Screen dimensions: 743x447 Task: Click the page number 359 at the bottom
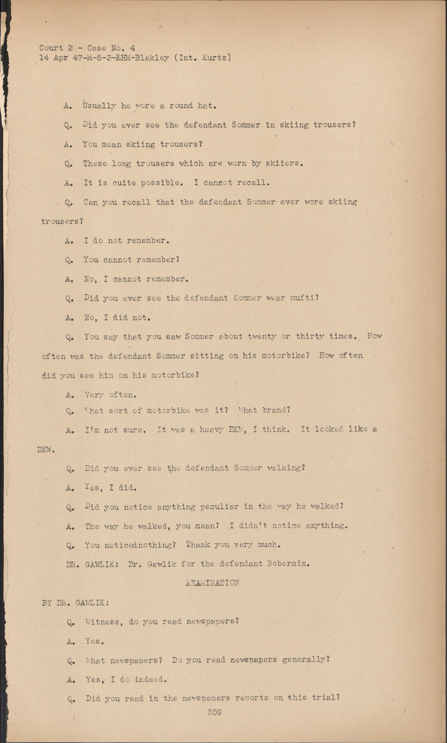click(x=214, y=712)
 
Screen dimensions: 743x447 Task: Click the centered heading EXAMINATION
click(x=212, y=583)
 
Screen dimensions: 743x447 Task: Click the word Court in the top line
click(x=51, y=48)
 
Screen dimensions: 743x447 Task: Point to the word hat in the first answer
click(x=204, y=106)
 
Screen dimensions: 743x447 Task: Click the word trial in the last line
click(x=326, y=698)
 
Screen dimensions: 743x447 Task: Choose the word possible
click(x=157, y=183)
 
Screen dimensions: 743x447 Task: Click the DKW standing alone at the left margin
click(x=45, y=450)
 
